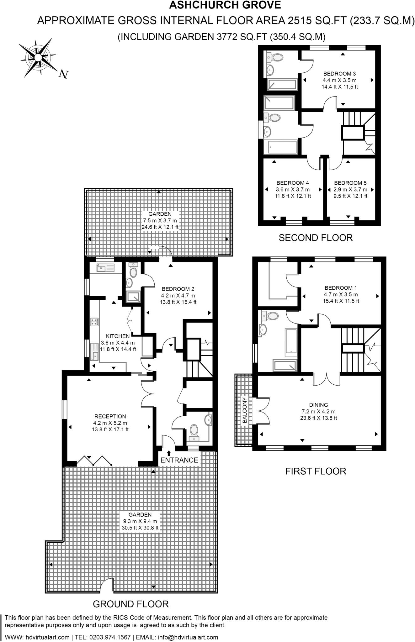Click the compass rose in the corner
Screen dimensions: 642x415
coord(38,58)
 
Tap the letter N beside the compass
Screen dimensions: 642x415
coord(64,74)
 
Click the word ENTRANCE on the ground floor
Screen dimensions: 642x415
coord(179,460)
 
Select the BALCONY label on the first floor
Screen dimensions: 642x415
coord(244,410)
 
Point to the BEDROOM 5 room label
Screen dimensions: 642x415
coord(350,183)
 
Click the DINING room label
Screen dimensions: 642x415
coord(318,405)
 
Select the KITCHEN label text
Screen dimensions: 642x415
coord(118,336)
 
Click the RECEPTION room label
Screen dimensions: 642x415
coord(110,416)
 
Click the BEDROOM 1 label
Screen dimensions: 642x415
coord(341,288)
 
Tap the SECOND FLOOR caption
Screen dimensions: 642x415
coord(316,238)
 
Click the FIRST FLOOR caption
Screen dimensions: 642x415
coord(316,471)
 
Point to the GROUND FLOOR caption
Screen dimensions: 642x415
coord(131,603)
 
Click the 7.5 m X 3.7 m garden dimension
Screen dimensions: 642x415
coord(160,220)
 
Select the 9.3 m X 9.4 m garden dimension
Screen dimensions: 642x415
coord(140,521)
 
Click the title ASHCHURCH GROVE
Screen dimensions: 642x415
coord(225,5)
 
